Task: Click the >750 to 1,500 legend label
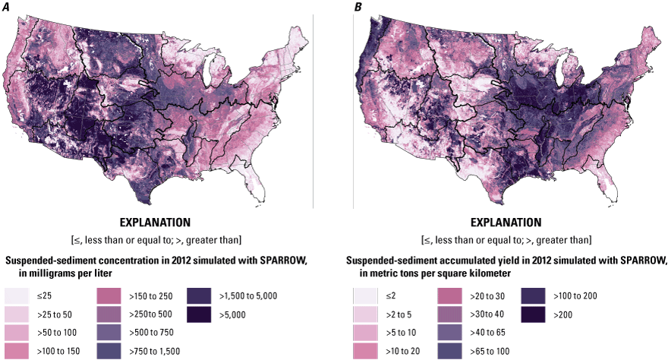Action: click(152, 349)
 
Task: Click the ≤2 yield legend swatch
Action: click(367, 295)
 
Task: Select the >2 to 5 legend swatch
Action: click(367, 313)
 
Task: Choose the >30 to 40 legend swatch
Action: click(449, 313)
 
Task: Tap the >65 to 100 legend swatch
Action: click(449, 349)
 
